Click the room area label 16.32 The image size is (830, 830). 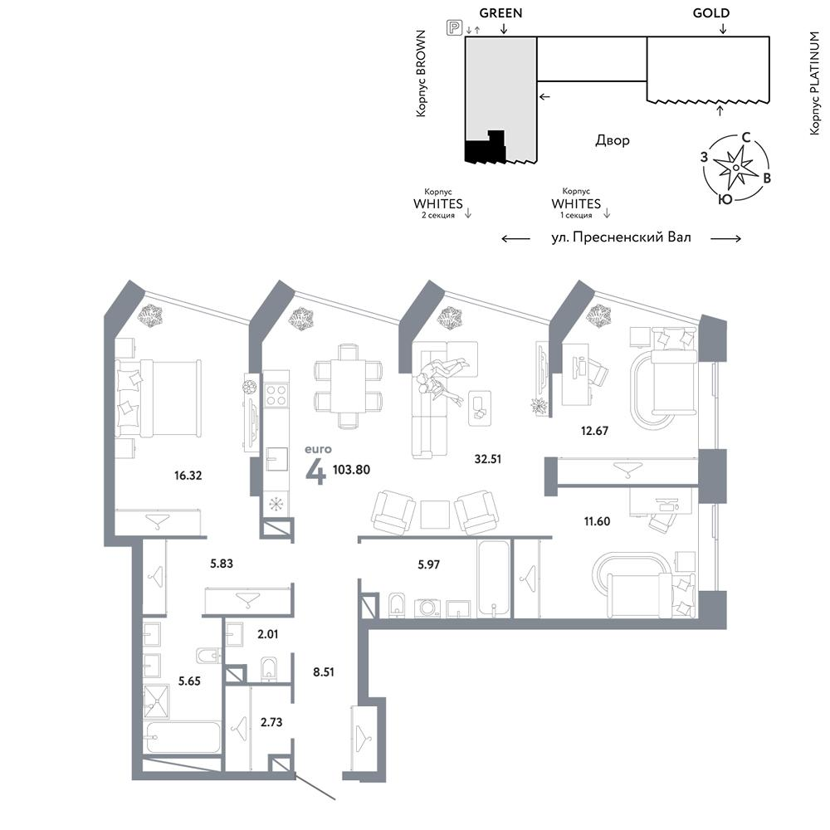188,476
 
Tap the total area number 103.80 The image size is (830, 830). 351,470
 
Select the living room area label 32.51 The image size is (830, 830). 487,459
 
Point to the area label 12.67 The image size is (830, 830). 594,430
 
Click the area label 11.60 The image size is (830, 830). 597,521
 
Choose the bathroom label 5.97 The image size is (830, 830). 429,564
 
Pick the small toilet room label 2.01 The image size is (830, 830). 268,634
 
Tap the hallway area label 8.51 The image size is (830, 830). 324,672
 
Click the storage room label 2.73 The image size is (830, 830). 271,722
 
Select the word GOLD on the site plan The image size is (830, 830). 711,12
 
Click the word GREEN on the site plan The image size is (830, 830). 500,12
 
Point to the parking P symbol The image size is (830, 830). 454,27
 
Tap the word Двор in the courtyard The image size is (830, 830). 613,140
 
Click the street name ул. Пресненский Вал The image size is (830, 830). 622,237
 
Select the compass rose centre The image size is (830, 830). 735,168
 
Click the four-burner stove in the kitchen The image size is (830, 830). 276,395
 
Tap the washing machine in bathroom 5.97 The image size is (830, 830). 426,608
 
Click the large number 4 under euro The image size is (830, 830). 316,472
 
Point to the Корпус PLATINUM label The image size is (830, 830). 815,83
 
